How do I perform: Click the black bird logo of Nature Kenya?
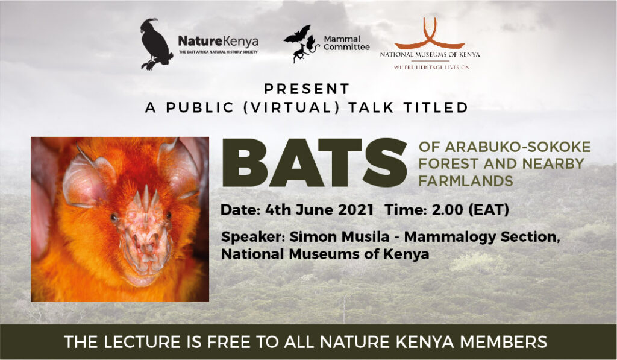pyautogui.click(x=156, y=44)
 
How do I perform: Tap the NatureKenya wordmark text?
pyautogui.click(x=218, y=41)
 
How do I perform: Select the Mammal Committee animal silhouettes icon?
pyautogui.click(x=301, y=43)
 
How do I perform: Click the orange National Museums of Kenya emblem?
pyautogui.click(x=429, y=34)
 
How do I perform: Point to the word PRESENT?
pyautogui.click(x=307, y=89)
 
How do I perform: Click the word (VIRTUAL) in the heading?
pyautogui.click(x=292, y=107)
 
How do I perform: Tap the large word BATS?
pyautogui.click(x=315, y=163)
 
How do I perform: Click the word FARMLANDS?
pyautogui.click(x=466, y=181)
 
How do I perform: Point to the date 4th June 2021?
pyautogui.click(x=319, y=210)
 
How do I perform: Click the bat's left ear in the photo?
pyautogui.click(x=87, y=177)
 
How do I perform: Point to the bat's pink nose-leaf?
pyautogui.click(x=146, y=232)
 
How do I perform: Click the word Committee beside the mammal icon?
pyautogui.click(x=346, y=47)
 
